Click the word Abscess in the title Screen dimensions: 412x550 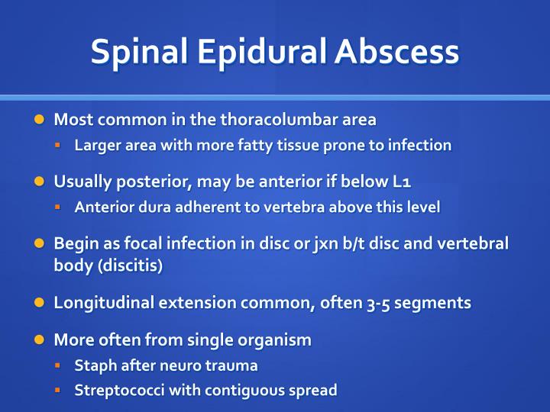tap(396, 51)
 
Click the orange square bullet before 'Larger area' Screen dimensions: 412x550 tap(58, 144)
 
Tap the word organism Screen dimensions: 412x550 tap(275, 340)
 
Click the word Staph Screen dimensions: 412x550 tap(92, 365)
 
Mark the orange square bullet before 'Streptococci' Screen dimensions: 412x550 tap(58, 390)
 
